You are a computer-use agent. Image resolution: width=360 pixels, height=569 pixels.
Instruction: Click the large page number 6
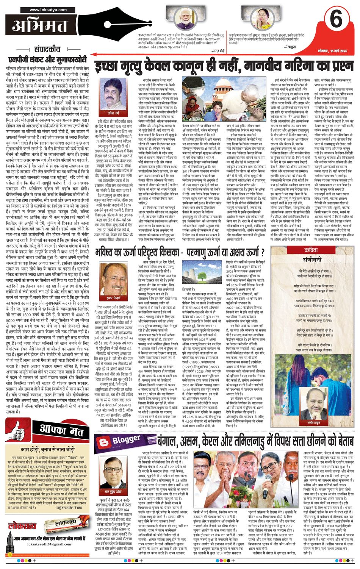336,20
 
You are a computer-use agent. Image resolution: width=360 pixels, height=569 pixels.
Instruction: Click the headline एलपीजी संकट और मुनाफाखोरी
47,59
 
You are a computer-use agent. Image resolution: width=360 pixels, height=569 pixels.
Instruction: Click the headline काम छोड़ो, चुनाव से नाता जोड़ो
47,449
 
